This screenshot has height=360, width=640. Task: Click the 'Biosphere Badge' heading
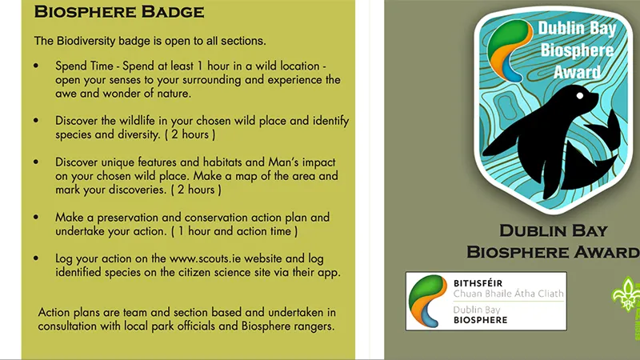tap(119, 13)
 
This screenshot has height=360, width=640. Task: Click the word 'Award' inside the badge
tap(577, 73)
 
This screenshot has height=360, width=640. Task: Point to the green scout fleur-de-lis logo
tap(626, 296)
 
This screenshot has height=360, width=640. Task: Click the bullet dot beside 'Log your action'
tap(37, 259)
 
